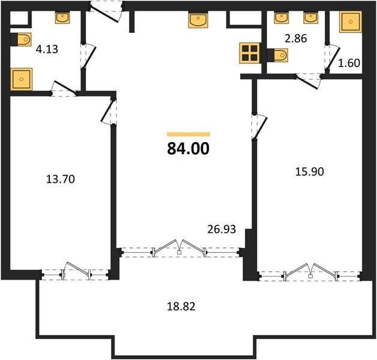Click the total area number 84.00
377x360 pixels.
click(188, 149)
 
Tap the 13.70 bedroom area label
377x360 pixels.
click(61, 179)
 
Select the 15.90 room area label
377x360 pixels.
click(309, 172)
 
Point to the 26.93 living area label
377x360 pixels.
click(222, 229)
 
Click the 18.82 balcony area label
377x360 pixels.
click(181, 307)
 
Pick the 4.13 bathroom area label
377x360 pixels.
click(47, 49)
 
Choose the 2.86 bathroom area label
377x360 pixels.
click(296, 38)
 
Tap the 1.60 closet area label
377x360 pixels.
click(349, 63)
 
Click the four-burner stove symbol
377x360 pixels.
click(250, 53)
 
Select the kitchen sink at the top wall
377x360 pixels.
click(198, 20)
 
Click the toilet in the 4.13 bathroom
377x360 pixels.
click(21, 40)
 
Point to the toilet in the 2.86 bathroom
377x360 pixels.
click(277, 55)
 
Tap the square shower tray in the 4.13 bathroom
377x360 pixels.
click(22, 79)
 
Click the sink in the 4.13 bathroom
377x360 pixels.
click(62, 18)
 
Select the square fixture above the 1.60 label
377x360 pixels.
click(351, 22)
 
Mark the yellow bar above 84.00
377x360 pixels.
click(188, 134)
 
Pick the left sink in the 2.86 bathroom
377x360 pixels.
click(282, 18)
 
